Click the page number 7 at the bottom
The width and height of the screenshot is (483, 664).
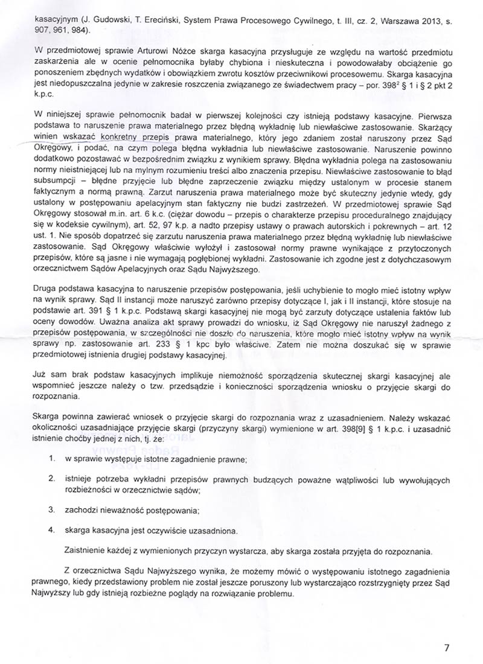click(x=446, y=648)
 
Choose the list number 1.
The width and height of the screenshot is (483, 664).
click(x=52, y=460)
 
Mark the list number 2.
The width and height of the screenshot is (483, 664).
click(x=52, y=479)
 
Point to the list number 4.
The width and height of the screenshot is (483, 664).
click(x=52, y=530)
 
